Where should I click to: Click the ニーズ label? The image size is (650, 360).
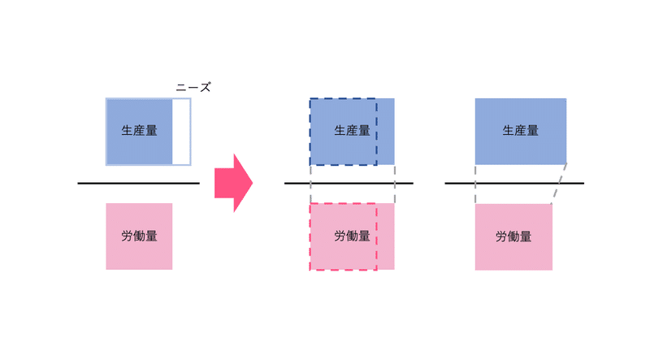click(193, 87)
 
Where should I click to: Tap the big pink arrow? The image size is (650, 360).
click(233, 183)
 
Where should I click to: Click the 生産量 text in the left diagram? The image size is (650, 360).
click(139, 131)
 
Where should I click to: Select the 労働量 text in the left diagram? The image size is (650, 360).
click(139, 236)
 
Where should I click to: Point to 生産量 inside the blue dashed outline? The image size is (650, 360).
click(352, 131)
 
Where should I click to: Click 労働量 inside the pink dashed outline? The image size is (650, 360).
click(352, 236)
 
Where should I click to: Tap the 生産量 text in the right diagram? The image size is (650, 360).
click(520, 131)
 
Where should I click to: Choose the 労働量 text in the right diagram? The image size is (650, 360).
click(513, 236)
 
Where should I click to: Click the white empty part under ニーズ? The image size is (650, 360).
click(180, 132)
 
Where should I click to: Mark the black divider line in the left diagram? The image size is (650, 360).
click(138, 183)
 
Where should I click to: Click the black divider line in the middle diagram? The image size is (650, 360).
click(349, 183)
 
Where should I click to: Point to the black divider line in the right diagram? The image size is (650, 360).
click(514, 183)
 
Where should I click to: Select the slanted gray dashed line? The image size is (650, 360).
click(559, 184)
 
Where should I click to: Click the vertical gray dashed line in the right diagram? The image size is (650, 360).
click(475, 184)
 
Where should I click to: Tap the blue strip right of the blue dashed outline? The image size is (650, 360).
click(386, 132)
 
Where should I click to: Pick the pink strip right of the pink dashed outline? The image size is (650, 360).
click(386, 236)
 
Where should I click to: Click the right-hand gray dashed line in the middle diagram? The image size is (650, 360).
click(395, 184)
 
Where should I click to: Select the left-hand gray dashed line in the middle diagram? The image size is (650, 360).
click(310, 184)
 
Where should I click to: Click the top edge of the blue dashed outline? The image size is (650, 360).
click(343, 98)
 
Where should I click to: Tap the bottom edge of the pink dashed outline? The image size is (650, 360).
click(343, 270)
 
